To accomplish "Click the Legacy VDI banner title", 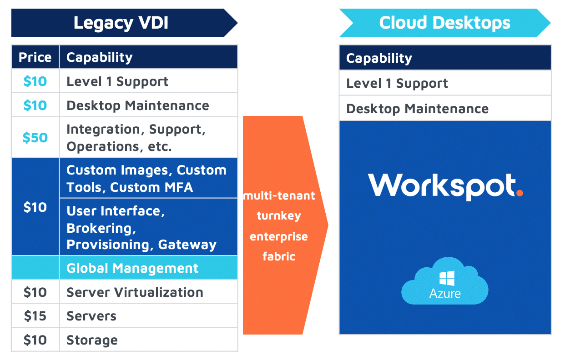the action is click(x=121, y=23).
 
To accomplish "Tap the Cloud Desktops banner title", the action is click(x=445, y=23).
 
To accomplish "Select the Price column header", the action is click(x=35, y=57).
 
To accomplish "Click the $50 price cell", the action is click(x=35, y=138).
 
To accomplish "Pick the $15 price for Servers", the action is click(x=35, y=316).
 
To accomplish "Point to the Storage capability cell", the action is click(x=92, y=340).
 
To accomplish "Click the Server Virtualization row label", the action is click(x=135, y=292).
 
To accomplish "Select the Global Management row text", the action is click(x=132, y=268).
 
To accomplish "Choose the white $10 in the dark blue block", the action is click(x=35, y=207).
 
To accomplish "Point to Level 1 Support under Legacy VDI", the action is click(x=117, y=82).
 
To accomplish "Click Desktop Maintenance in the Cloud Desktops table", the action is click(x=418, y=109).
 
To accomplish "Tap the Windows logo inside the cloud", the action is click(x=447, y=278).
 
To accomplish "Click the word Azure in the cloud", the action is click(x=445, y=294).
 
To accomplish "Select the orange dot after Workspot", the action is click(x=520, y=193).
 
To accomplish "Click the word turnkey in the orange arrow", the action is click(x=279, y=216).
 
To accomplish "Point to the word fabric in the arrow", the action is click(x=279, y=256).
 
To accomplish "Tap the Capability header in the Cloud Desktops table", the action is click(x=379, y=59).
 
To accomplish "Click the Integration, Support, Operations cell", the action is click(x=136, y=138).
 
